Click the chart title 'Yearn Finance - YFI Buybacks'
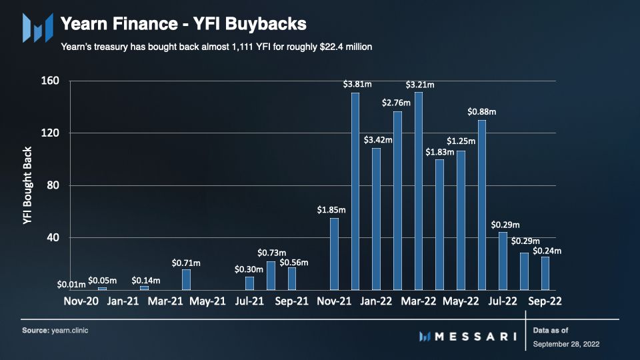[183, 25]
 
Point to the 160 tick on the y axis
[51, 81]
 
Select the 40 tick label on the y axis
[53, 238]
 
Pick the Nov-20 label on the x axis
[81, 301]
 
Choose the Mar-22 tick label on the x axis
[418, 301]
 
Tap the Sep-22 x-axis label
[545, 301]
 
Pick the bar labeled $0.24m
[545, 273]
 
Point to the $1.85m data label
[333, 211]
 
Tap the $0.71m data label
[186, 263]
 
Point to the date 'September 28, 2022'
[567, 344]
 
